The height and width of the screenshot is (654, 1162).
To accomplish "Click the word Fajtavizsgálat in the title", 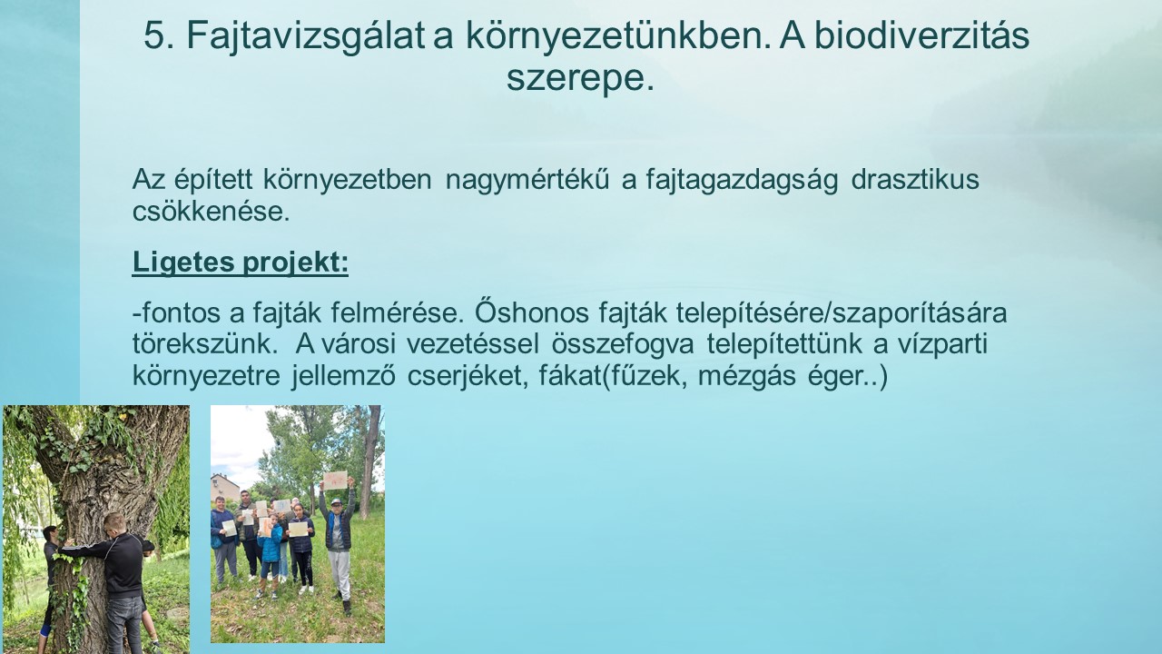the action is [306, 36].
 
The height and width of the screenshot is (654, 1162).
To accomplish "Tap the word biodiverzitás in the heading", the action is [921, 35].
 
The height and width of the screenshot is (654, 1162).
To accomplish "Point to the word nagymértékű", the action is [527, 180].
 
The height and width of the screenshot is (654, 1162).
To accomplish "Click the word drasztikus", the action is [915, 180].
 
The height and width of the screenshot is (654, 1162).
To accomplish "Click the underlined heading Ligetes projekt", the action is [241, 262].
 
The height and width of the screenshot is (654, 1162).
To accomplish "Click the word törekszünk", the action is [202, 344].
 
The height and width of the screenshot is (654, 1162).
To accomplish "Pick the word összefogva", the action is [623, 344].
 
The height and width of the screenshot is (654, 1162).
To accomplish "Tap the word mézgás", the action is [746, 377].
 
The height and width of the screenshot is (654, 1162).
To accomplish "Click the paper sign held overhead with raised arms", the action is [335, 479].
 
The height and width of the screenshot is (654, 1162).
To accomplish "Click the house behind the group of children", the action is [225, 489].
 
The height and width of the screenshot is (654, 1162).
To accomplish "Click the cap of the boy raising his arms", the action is [336, 502].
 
